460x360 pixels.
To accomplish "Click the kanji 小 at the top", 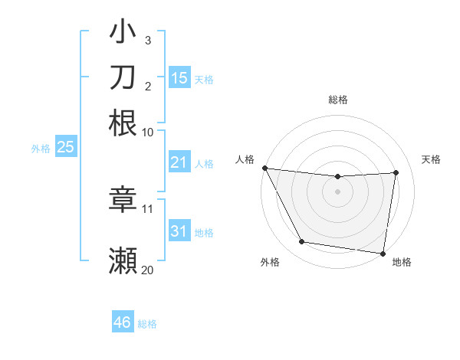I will coord(123,33).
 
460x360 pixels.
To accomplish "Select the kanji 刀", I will coord(123,78).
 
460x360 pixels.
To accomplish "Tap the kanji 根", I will coord(123,123).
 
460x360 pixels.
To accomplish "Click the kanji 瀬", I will coord(123,260).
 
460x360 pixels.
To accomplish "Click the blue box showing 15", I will coord(179,78).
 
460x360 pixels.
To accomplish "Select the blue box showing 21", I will coord(179,162).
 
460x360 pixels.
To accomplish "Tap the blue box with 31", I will coord(179,231).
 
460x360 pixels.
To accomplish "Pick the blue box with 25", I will coord(65,147).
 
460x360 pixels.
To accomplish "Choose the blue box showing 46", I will coord(123,322).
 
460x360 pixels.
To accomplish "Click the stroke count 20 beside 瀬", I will coord(147,270).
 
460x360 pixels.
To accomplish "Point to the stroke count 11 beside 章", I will coord(148,208).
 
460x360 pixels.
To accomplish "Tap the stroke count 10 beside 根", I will coord(148,132).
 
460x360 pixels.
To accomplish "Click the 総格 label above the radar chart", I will coord(338,100).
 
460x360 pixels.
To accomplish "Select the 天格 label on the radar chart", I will coord(432,159).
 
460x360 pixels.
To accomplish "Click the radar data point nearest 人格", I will coord(264,168).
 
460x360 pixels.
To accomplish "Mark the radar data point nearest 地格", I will coord(383,253).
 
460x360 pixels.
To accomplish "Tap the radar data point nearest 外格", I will coord(301,243).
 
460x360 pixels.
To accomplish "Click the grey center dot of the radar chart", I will coord(338,191).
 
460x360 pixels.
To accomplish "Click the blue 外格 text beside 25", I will coord(40,148).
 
